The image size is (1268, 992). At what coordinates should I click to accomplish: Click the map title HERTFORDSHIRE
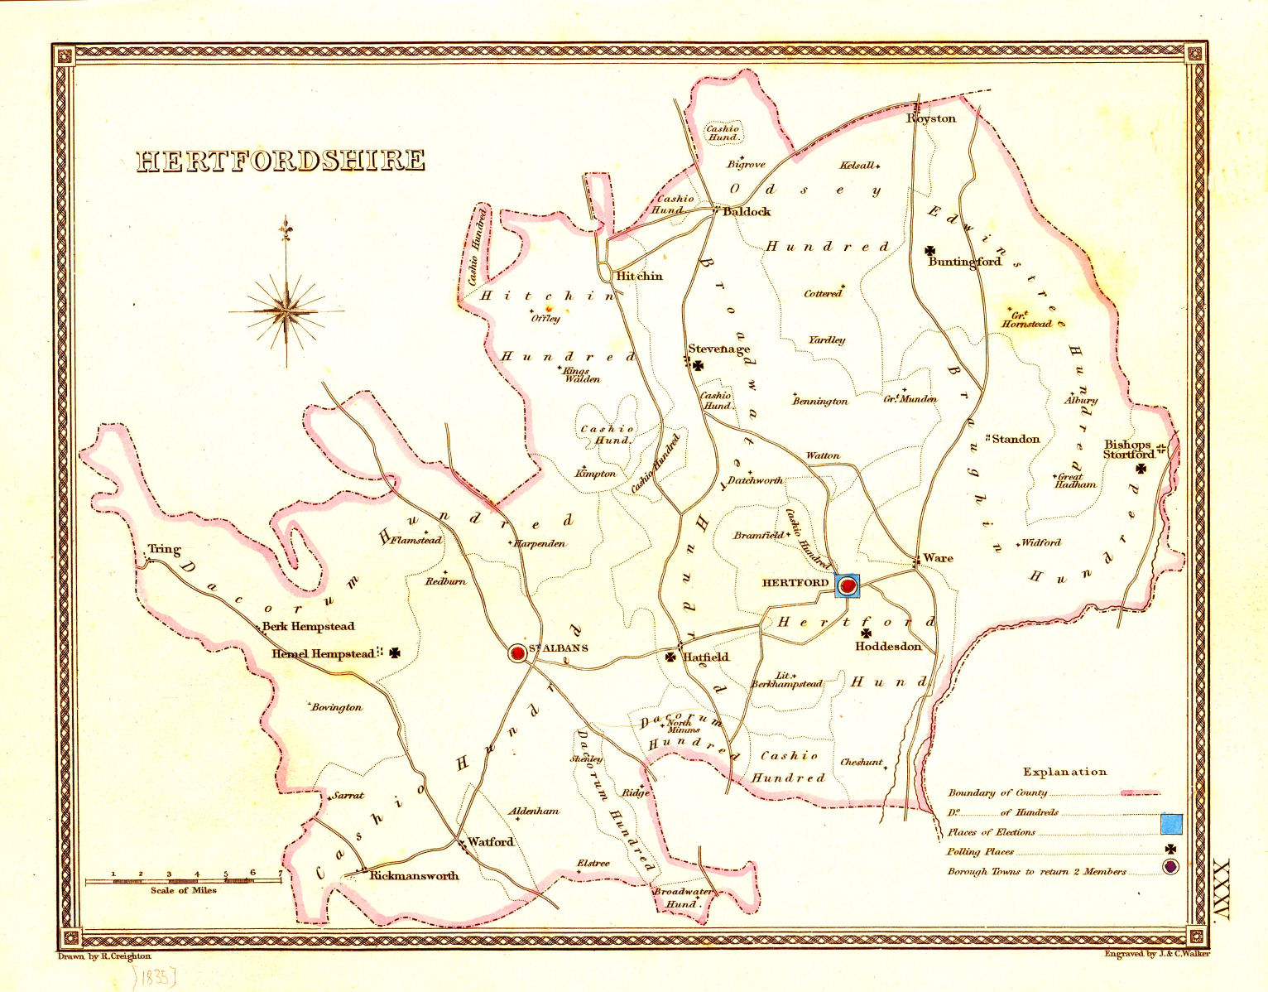tap(281, 160)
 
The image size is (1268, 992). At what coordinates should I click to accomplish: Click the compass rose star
tap(286, 311)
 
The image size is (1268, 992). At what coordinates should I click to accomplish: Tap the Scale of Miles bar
tap(184, 881)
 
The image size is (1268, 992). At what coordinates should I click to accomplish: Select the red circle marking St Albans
tap(518, 653)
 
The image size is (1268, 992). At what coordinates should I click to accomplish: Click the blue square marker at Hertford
tap(848, 585)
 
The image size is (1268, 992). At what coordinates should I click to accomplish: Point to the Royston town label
tap(931, 118)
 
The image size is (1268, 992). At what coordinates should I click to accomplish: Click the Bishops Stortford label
tap(1129, 450)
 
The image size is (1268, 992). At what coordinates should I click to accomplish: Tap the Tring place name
tap(164, 549)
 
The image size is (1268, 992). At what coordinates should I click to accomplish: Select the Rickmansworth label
tap(414, 876)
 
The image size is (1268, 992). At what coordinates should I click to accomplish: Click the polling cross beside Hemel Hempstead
tap(396, 653)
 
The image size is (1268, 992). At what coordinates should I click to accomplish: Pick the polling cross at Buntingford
tap(930, 250)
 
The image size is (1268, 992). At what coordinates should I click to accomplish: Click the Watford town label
tap(490, 842)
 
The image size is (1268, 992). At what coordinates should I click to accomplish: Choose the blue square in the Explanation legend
tap(1170, 824)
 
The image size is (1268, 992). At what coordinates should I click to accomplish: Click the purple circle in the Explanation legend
tap(1170, 867)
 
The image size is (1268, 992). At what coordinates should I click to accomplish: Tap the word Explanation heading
tap(1064, 772)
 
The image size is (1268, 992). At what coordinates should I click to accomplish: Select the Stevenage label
tap(718, 349)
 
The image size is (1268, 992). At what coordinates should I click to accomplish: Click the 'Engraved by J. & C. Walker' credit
tap(1156, 954)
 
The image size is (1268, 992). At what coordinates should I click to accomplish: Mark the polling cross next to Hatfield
tap(670, 657)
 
